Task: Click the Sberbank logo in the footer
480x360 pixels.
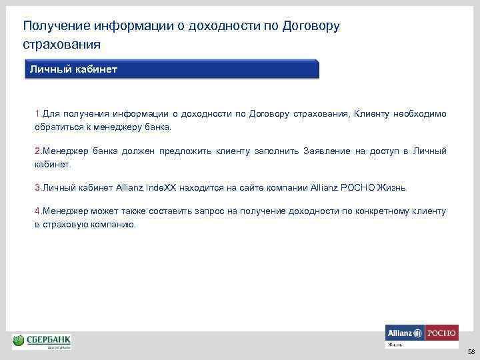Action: [41, 341]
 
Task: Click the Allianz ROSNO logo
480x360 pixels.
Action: [421, 333]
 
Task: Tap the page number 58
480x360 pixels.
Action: [471, 351]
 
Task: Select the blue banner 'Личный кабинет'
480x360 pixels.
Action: [172, 70]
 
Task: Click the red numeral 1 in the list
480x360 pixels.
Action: [38, 114]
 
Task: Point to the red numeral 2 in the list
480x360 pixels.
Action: [37, 151]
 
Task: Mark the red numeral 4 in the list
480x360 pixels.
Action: [37, 211]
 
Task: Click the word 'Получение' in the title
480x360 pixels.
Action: [55, 26]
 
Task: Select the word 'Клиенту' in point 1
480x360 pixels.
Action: [373, 114]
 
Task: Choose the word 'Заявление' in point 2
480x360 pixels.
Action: [326, 151]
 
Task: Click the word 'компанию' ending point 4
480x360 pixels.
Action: [115, 225]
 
